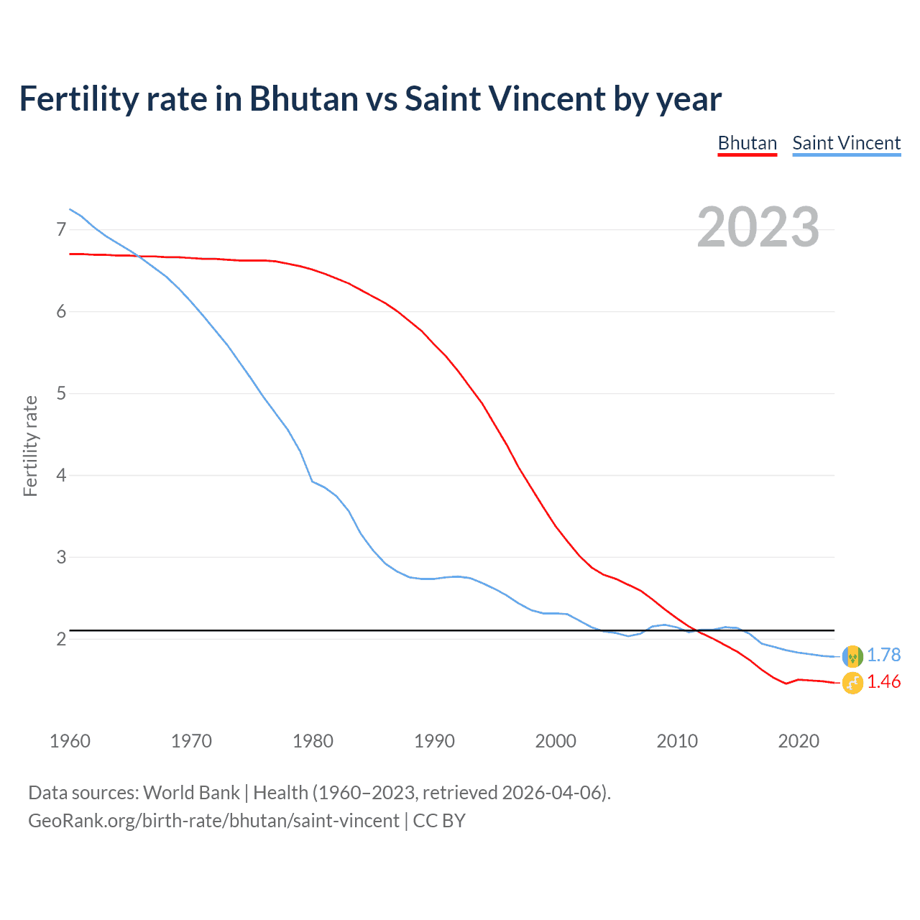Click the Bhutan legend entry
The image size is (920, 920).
coord(747,143)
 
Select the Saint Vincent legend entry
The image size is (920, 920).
coord(846,143)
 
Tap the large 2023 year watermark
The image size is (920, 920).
coord(758,227)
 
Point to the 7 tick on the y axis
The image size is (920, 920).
coord(61,229)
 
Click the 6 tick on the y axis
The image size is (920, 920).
coord(61,311)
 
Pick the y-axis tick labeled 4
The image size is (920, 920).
coord(61,475)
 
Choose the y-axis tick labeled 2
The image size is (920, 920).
coord(61,639)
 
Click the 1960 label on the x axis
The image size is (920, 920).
coord(70,741)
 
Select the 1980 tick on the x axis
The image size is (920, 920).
coord(313,741)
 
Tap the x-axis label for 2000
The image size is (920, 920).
coord(556,741)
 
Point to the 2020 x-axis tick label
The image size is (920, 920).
coord(799,741)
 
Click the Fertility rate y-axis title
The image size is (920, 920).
coord(30,446)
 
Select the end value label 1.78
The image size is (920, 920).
coord(883,655)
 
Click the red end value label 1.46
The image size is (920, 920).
coord(883,681)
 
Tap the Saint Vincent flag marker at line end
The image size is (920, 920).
coord(852,655)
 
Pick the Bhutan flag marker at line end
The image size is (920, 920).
coord(852,683)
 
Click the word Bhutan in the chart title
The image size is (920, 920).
coord(304,98)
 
